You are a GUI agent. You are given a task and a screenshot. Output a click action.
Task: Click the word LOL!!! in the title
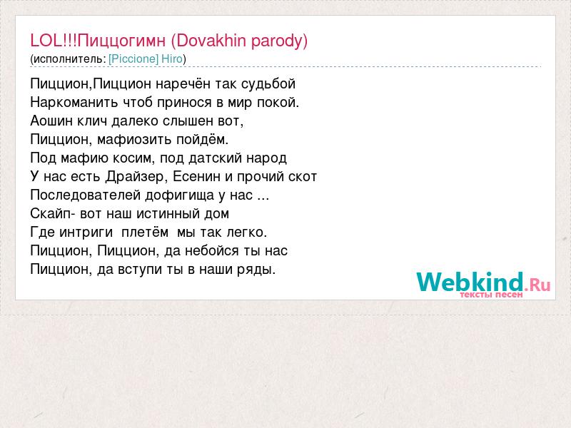[54, 40]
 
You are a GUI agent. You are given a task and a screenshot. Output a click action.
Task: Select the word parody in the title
[277, 41]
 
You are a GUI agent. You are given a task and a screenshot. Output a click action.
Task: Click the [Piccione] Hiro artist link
[146, 58]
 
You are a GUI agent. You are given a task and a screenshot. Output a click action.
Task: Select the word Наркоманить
[74, 102]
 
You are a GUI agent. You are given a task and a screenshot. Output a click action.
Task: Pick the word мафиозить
[134, 139]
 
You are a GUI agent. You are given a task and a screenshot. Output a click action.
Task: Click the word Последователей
[85, 195]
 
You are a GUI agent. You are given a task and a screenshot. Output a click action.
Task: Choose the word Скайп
[50, 213]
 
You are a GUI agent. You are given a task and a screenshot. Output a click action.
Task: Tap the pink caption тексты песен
[491, 295]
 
